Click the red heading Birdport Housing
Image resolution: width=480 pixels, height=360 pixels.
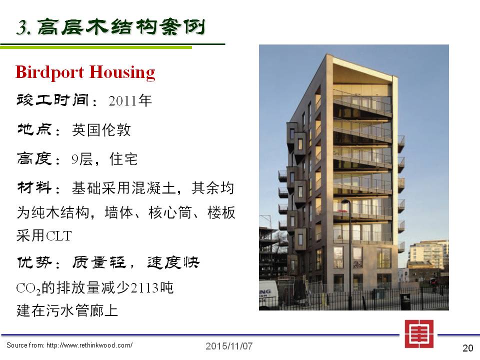coord(85,72)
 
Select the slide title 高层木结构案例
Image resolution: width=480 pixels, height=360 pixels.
coord(121,27)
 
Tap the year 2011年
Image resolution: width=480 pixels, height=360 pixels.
coord(130,100)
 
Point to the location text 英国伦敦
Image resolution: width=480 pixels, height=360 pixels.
coord(101,130)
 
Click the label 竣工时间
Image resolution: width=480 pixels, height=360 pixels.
coord(52,100)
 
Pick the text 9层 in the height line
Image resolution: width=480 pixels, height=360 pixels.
coord(82,159)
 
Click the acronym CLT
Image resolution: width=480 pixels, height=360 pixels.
coord(58,236)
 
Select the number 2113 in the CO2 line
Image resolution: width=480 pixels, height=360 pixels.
coord(144,288)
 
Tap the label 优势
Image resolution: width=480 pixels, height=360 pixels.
coord(34,262)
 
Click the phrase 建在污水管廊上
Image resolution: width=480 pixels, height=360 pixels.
coord(67,310)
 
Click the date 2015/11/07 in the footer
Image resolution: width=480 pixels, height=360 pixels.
coord(229,346)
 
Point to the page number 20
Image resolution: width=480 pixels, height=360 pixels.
coord(468,348)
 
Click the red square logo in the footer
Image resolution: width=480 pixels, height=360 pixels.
coord(419,334)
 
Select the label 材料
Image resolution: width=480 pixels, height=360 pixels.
coord(34,188)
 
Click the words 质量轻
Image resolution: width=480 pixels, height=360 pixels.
coord(99,262)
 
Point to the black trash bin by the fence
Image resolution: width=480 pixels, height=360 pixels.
coord(405,301)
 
